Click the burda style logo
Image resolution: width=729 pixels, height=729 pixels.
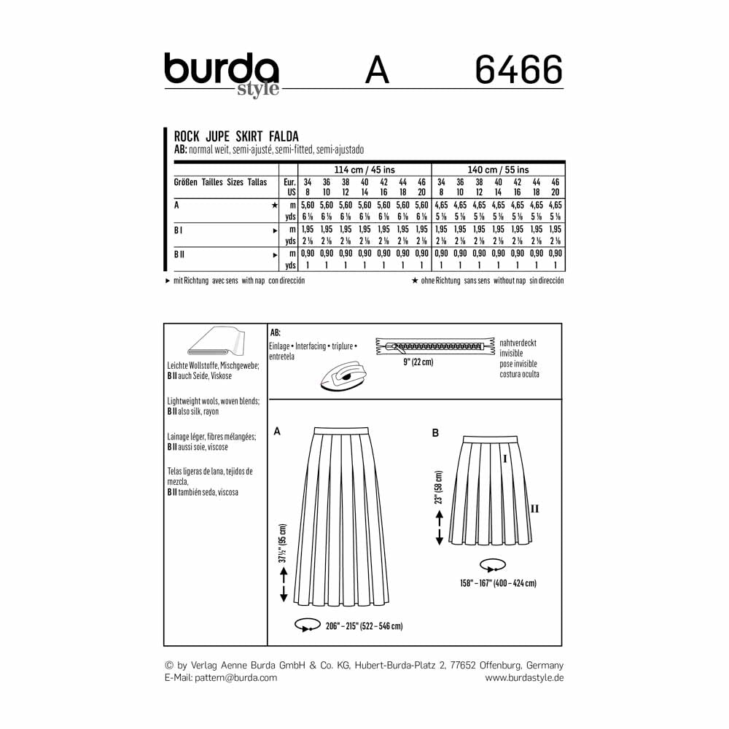pos(221,74)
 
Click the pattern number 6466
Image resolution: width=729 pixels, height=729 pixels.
pos(518,71)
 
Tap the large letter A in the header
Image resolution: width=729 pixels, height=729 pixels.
pos(377,71)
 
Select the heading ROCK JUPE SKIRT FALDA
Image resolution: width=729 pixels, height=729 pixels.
pos(236,136)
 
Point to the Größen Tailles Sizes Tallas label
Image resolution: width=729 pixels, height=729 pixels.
pos(220,182)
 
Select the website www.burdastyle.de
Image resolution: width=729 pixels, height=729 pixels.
pos(524,677)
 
